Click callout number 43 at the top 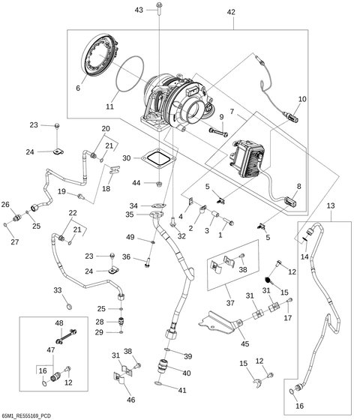[x=139, y=10]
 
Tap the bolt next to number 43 [x=160, y=10]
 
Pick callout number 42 [x=231, y=13]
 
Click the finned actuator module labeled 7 [x=248, y=157]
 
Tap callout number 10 [x=302, y=99]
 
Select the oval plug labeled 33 [x=67, y=307]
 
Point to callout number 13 [x=331, y=204]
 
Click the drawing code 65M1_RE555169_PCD [x=26, y=414]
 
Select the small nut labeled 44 [x=159, y=184]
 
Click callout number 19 [x=62, y=192]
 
